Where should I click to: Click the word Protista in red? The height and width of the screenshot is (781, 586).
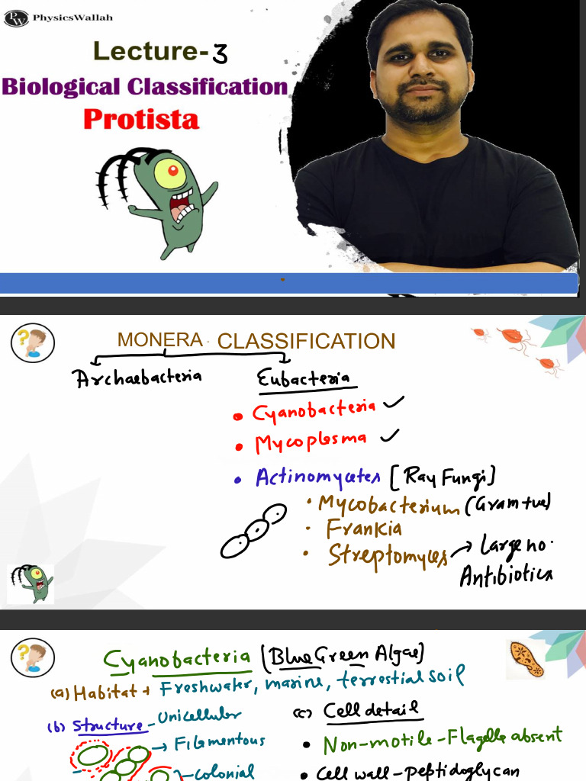[141, 120]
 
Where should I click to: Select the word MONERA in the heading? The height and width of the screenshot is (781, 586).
[159, 340]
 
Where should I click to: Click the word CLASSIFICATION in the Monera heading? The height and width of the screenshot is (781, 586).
[306, 342]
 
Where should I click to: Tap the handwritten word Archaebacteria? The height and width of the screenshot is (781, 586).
[138, 376]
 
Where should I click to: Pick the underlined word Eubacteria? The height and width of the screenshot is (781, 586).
[303, 378]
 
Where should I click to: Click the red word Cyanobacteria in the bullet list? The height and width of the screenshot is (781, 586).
[314, 411]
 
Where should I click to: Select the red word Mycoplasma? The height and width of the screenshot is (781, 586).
[311, 442]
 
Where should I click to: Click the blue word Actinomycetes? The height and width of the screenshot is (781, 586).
[317, 477]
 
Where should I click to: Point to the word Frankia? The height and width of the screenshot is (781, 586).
[364, 528]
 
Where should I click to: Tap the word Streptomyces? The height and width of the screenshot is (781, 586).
[388, 554]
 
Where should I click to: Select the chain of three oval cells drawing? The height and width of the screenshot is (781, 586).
[253, 532]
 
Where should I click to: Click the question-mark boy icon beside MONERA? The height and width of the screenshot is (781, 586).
[32, 342]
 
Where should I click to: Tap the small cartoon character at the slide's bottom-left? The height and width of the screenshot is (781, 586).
[31, 583]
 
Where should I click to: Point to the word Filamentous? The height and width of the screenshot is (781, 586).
[220, 741]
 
